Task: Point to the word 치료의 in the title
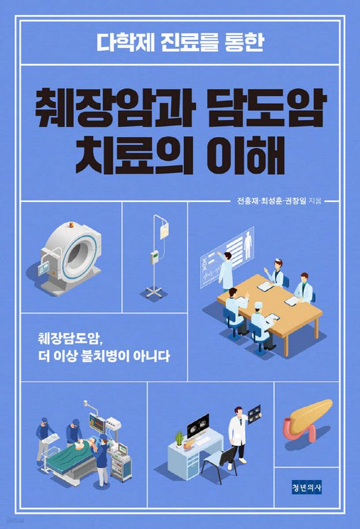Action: point(134,155)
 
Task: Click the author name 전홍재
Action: point(247,201)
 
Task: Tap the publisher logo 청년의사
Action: point(306,487)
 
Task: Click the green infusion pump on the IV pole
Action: point(154,257)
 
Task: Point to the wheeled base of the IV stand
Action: point(154,292)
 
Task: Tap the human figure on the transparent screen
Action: point(249,240)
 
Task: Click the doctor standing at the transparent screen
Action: point(226,271)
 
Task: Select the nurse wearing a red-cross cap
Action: point(276,273)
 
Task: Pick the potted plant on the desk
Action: point(179,438)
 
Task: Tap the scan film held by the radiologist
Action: point(254,414)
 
